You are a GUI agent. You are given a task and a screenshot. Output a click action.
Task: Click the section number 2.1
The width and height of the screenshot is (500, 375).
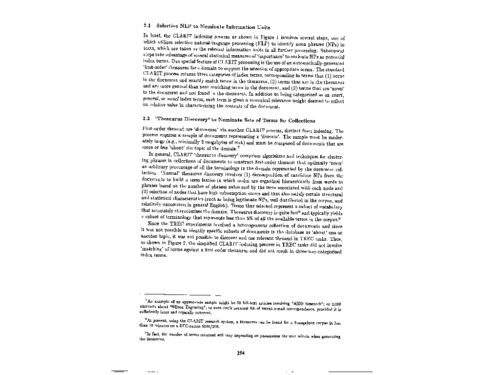point(146,26)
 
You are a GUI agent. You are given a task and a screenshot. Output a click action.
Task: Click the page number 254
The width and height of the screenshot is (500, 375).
point(240,354)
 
